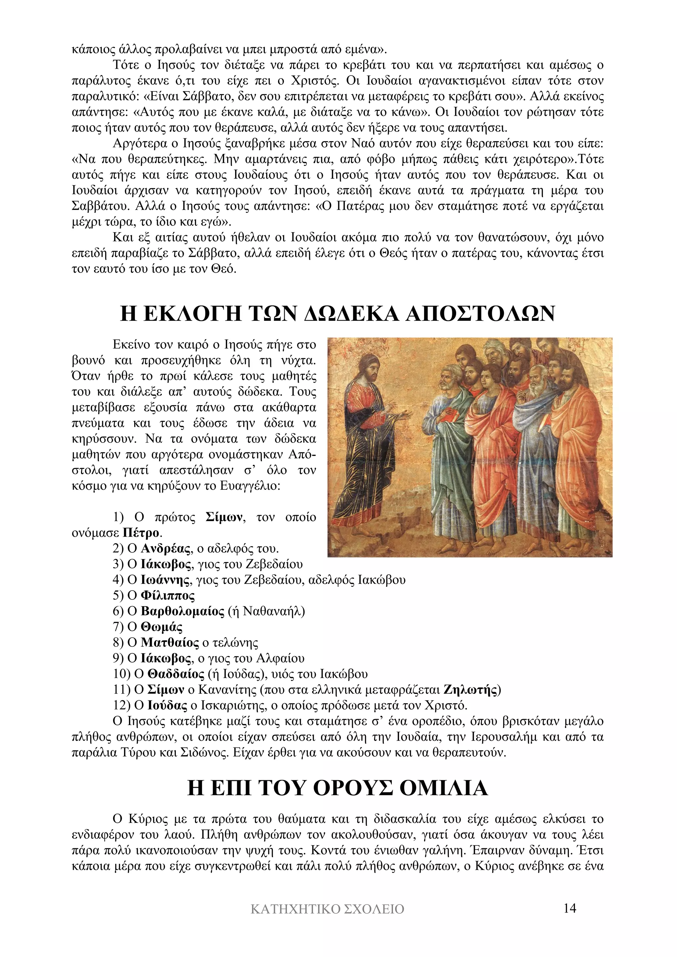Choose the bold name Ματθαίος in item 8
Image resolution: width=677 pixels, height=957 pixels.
tap(170, 643)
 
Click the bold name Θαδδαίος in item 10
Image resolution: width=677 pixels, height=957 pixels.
tap(176, 674)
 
